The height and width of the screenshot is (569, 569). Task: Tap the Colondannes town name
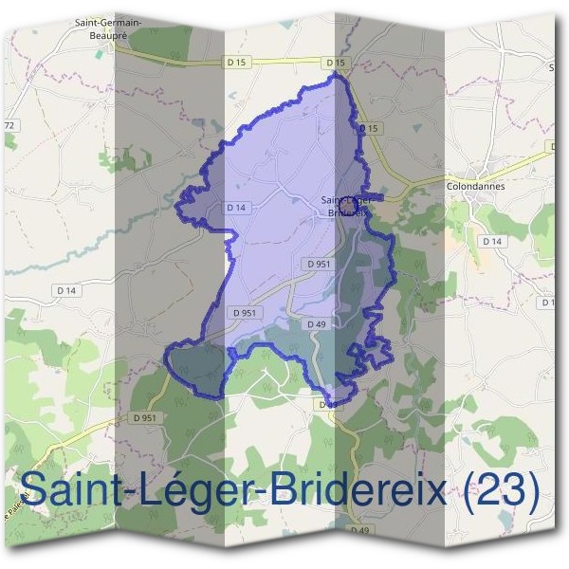[475, 187]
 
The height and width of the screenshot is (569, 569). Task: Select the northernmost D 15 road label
[335, 63]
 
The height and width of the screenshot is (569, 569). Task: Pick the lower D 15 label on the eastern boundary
[370, 128]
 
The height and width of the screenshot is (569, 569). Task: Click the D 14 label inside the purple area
[237, 207]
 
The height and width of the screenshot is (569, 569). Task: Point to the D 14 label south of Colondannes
[491, 242]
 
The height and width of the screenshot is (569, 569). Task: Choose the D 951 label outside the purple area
[144, 417]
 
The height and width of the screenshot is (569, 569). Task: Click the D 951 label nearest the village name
[319, 264]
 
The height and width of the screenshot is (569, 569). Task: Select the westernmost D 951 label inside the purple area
[244, 312]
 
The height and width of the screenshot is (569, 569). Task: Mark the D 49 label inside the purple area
[317, 324]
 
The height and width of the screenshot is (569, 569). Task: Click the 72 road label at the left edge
[10, 125]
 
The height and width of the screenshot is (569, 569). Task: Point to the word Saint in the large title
[72, 490]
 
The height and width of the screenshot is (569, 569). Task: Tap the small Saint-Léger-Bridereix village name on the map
[345, 206]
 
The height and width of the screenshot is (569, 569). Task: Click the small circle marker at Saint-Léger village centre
[348, 202]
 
